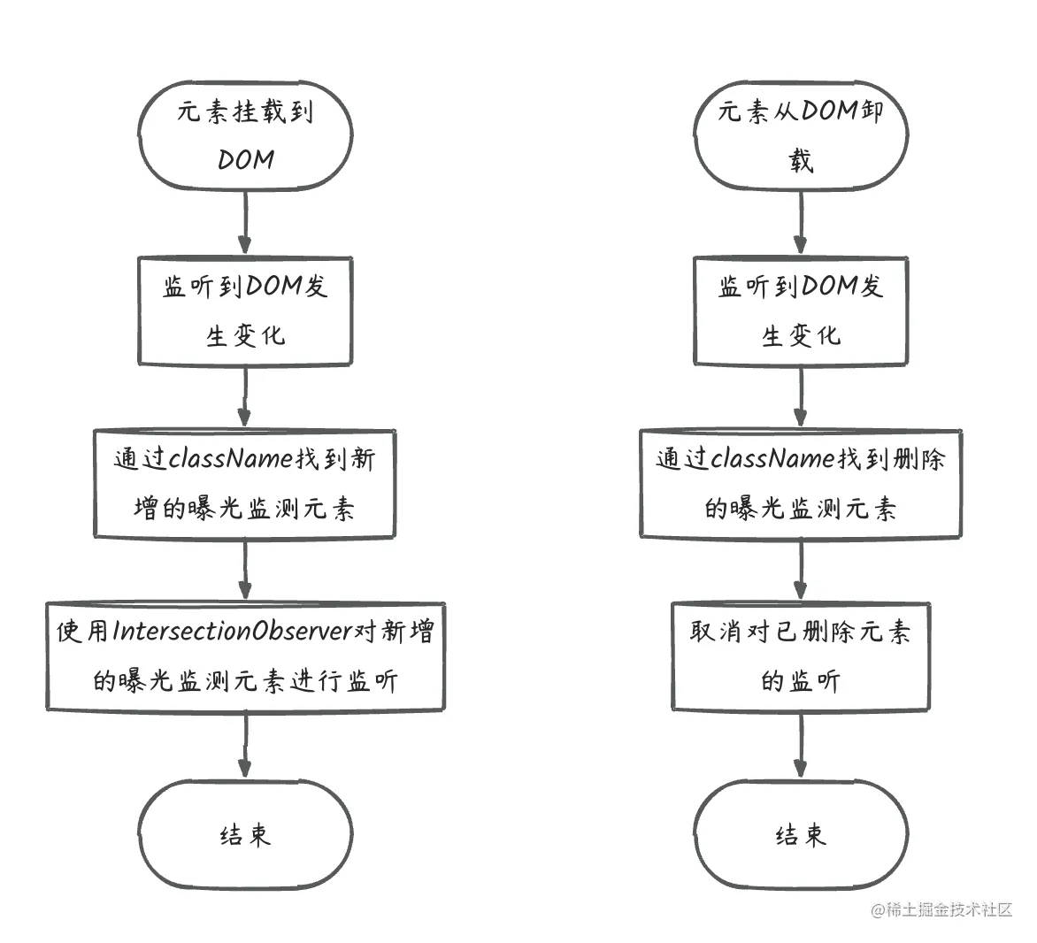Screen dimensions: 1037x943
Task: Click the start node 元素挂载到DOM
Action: click(245, 136)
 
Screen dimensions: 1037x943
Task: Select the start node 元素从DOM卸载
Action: click(801, 136)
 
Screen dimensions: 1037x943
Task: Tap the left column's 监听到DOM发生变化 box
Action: click(245, 310)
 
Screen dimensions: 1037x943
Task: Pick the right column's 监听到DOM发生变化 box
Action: click(801, 310)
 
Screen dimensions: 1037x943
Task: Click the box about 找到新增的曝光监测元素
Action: click(245, 483)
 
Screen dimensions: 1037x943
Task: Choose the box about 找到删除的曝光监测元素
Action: click(801, 483)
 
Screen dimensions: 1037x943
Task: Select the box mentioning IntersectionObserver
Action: click(245, 656)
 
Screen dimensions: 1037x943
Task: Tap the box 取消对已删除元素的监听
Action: click(801, 656)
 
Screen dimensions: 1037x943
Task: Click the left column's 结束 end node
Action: click(245, 834)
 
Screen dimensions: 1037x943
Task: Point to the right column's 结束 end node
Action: click(801, 834)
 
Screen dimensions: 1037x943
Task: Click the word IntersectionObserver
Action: click(232, 632)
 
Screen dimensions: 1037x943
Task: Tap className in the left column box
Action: click(232, 458)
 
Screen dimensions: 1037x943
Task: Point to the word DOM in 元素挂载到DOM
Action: click(246, 160)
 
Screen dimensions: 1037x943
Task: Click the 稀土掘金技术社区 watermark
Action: click(941, 910)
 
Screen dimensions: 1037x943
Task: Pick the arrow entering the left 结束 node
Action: click(245, 745)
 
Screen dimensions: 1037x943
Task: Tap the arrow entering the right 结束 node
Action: click(801, 745)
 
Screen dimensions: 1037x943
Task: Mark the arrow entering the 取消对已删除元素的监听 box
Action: click(801, 570)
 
